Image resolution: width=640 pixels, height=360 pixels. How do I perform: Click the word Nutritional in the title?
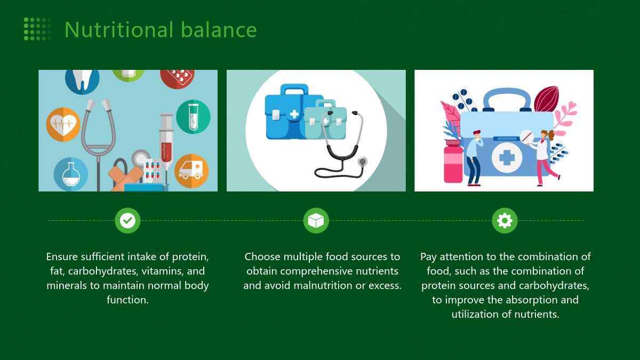coord(119,29)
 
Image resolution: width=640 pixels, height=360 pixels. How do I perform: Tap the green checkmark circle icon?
coord(127,221)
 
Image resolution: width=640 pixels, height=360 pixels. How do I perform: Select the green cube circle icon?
coord(316,221)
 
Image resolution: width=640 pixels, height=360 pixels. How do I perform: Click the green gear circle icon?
coord(505,221)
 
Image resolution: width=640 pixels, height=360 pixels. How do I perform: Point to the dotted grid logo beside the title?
coord(37,29)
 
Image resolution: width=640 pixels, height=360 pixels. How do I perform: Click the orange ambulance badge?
coord(191,171)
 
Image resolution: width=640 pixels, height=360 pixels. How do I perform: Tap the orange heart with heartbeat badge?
coord(63,125)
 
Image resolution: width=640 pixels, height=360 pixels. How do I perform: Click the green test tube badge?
coord(193,117)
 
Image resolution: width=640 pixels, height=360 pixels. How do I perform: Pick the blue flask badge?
coord(71,174)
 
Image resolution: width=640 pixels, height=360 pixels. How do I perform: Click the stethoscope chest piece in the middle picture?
coord(362,162)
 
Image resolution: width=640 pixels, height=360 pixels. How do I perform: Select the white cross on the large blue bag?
coord(294,114)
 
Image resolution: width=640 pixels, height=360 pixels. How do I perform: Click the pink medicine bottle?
coord(453,162)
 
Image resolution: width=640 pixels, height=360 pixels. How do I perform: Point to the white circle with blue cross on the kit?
coord(507,157)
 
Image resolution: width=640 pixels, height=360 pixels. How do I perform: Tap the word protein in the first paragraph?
coord(190,257)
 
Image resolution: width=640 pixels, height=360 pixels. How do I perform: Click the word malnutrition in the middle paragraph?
coord(323,285)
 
